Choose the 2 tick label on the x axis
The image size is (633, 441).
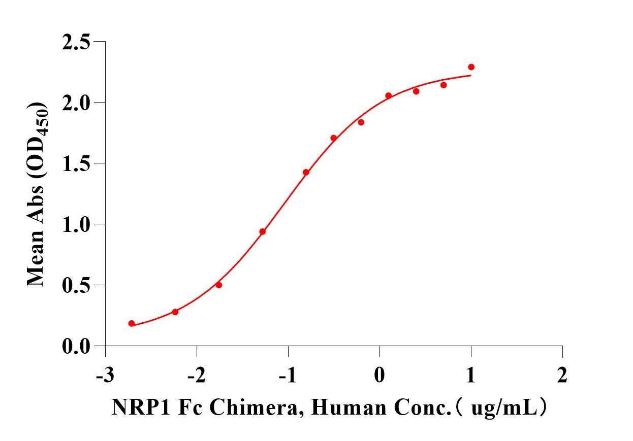tap(562, 376)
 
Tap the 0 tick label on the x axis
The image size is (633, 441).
tap(379, 376)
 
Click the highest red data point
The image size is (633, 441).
tap(471, 67)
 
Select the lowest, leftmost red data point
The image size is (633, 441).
tap(132, 323)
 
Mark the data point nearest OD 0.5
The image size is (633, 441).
tap(219, 285)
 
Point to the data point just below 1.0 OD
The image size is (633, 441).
tap(263, 231)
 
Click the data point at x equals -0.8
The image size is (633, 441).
tap(306, 172)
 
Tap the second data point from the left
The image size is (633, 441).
tap(175, 312)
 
